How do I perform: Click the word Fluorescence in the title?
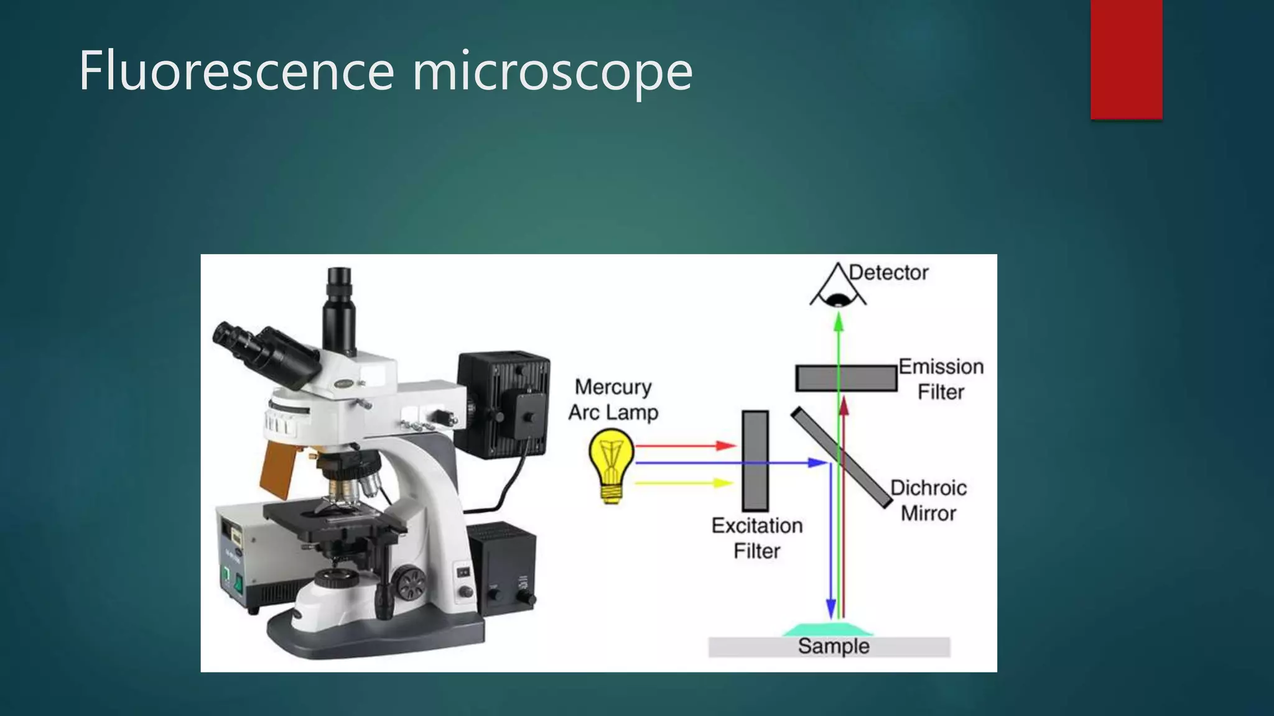click(x=236, y=71)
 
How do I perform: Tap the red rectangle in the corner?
click(x=1126, y=59)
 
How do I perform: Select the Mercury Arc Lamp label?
click(x=613, y=400)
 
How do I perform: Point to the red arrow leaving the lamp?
click(x=684, y=446)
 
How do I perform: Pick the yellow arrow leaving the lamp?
click(x=684, y=482)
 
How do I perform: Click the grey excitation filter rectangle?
click(x=755, y=461)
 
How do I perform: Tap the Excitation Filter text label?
click(x=756, y=538)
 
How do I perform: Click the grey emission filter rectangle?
click(x=846, y=379)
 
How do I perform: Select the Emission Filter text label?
click(x=941, y=379)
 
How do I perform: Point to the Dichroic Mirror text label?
click(x=928, y=500)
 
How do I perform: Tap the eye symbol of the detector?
click(x=839, y=299)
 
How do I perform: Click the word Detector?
click(x=888, y=273)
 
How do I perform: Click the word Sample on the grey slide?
click(x=833, y=646)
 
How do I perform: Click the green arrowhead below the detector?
click(x=839, y=321)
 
